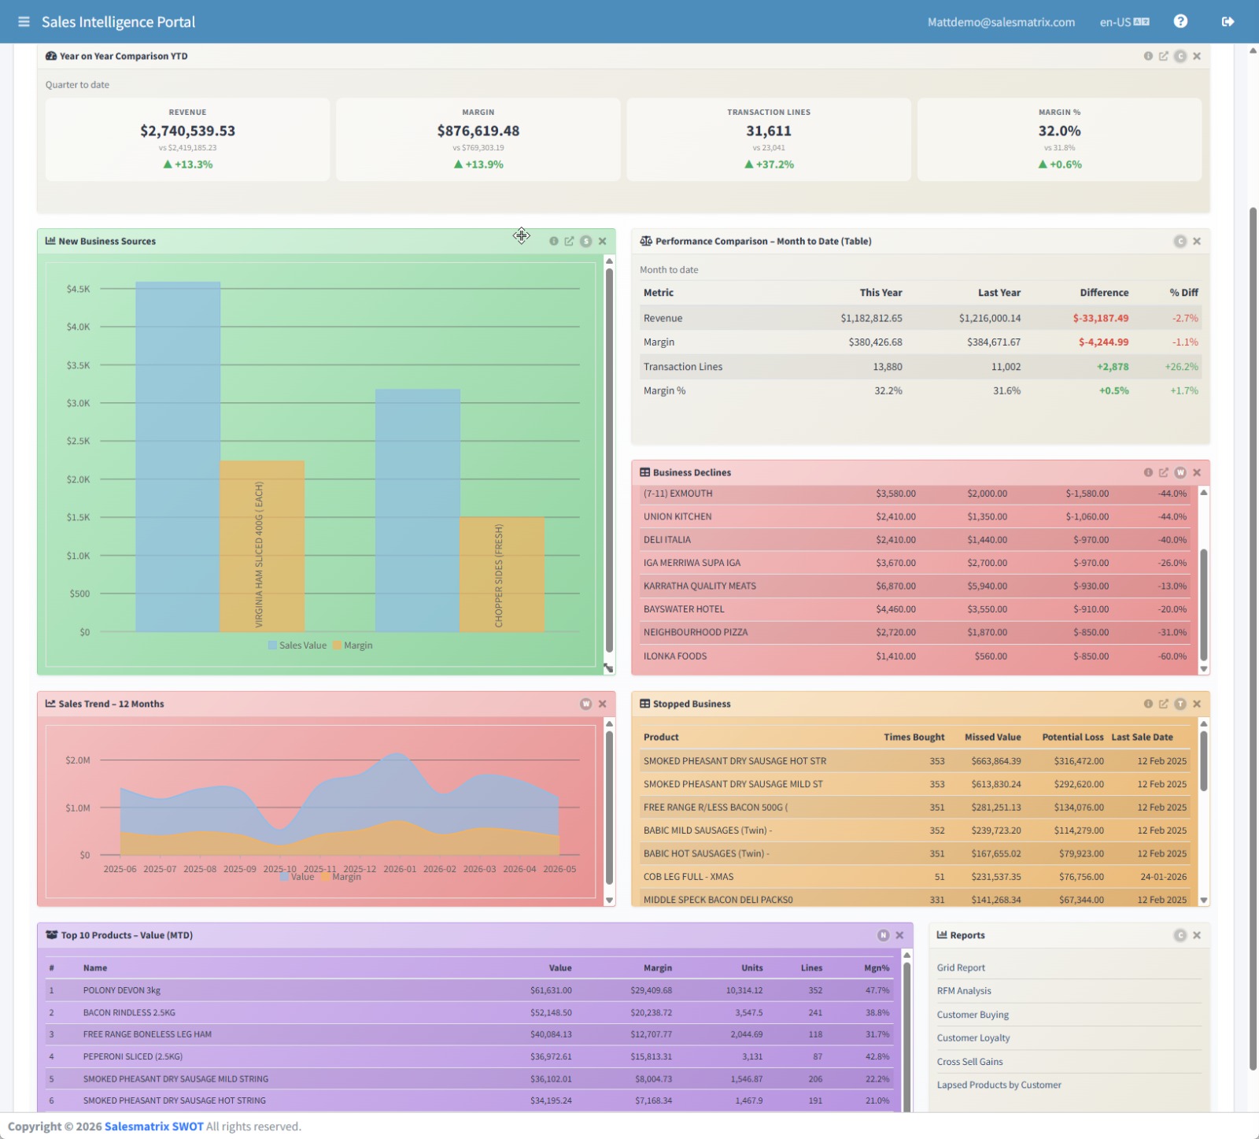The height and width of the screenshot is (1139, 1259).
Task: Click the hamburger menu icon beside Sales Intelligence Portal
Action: (x=24, y=22)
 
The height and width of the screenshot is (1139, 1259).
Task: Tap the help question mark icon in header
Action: (x=1180, y=21)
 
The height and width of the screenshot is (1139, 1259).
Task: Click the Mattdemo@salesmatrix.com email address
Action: (x=1001, y=22)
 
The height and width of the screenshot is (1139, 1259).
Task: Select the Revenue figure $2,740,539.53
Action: (x=187, y=131)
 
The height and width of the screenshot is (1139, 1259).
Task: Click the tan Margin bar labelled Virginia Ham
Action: (x=262, y=546)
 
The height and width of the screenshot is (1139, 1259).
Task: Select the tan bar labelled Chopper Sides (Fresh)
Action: (x=502, y=575)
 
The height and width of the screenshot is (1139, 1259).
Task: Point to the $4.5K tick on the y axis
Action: (x=78, y=289)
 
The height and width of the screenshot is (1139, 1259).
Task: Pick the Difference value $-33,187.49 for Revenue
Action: (x=1100, y=318)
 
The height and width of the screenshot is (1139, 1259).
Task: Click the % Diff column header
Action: (x=1183, y=293)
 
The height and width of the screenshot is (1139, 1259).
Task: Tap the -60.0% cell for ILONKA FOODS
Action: (x=1172, y=656)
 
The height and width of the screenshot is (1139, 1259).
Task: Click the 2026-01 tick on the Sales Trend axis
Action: (x=400, y=869)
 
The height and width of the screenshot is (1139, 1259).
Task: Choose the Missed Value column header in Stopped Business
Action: (x=992, y=738)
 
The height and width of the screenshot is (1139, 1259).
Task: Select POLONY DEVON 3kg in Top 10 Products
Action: (x=122, y=990)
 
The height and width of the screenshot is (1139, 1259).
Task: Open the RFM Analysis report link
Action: (x=964, y=991)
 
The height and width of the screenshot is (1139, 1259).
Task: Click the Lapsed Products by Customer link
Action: (x=999, y=1085)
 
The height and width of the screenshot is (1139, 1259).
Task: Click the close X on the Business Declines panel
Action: (x=1197, y=472)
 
